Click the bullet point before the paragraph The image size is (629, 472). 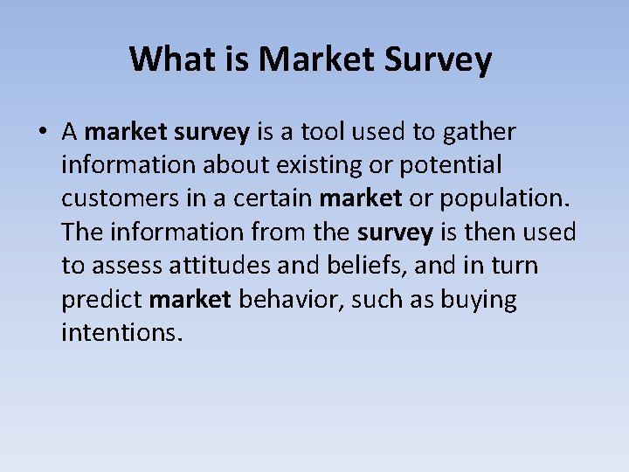click(41, 133)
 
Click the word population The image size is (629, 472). click(505, 198)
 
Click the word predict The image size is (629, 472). click(101, 300)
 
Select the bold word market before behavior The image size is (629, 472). click(190, 300)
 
